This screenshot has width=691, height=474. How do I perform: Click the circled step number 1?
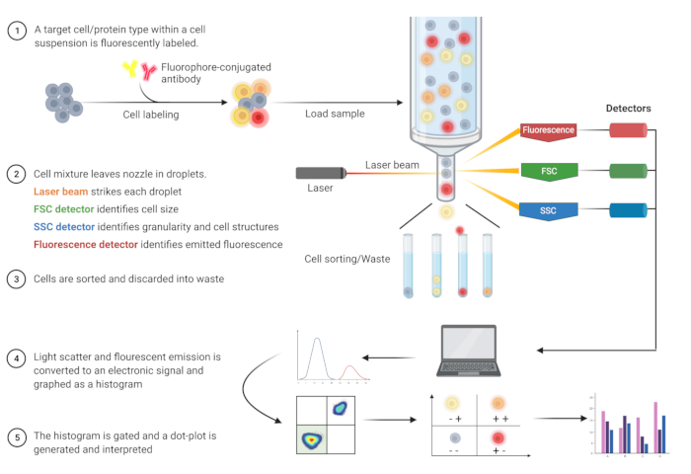pos(17,31)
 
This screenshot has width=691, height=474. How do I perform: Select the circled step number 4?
pos(17,355)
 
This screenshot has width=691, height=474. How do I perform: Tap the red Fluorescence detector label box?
pos(550,129)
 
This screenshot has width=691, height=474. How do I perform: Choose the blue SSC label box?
pos(550,209)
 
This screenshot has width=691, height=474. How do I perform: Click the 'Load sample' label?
pos(335,114)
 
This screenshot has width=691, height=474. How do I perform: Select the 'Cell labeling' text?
pos(151,115)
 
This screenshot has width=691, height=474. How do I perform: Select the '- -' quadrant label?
pos(453,450)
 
